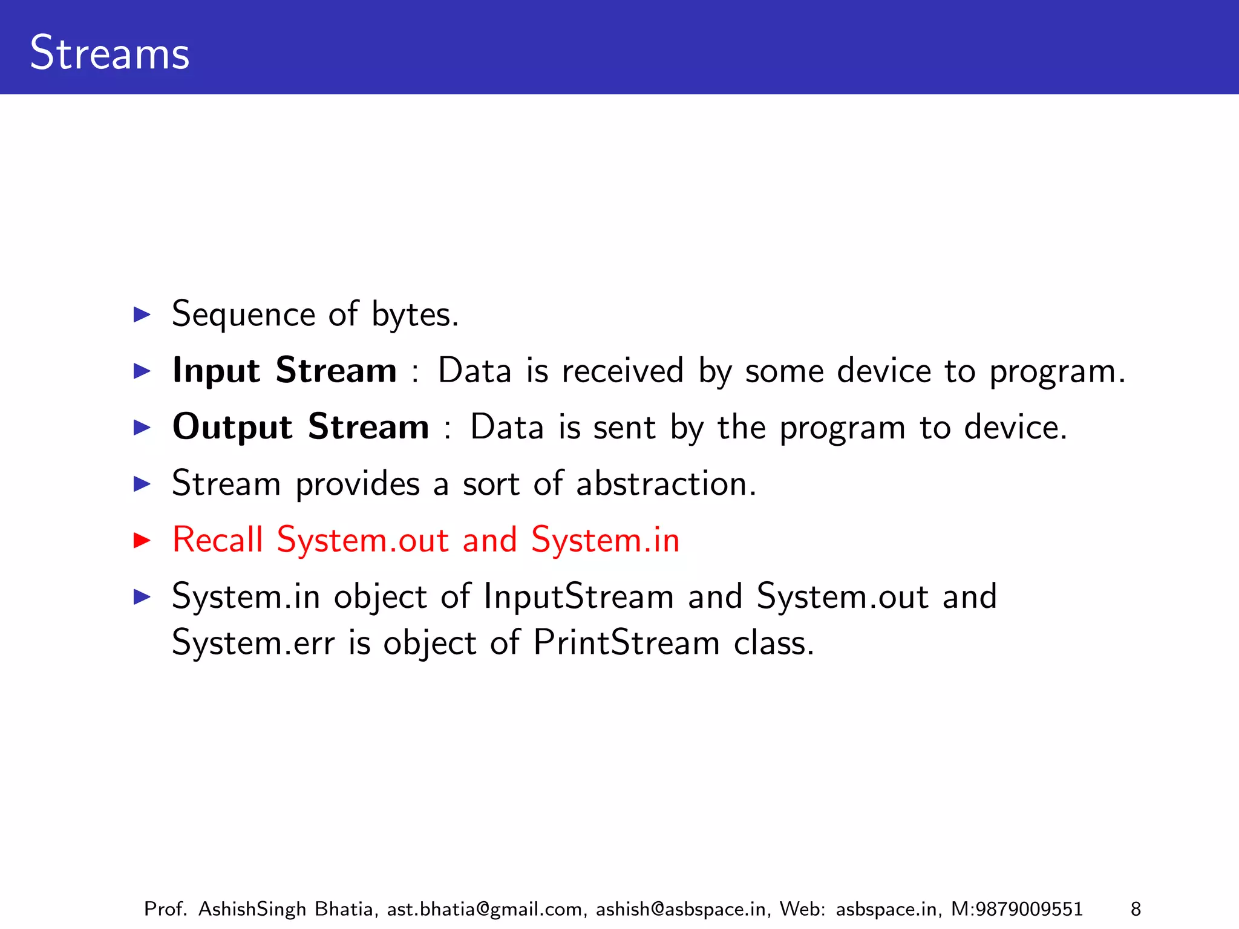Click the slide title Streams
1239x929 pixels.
[x=110, y=53]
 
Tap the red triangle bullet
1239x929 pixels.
[x=142, y=539]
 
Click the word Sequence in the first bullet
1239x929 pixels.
[x=243, y=315]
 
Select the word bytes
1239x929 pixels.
[x=414, y=315]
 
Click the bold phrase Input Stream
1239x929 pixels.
[x=284, y=370]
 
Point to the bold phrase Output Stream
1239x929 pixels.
[x=301, y=427]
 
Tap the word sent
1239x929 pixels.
[x=624, y=427]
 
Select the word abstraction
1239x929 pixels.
[x=665, y=484]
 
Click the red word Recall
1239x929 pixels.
[x=218, y=539]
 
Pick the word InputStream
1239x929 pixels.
[x=578, y=596]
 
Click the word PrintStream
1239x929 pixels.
[x=626, y=642]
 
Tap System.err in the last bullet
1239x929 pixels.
[x=253, y=642]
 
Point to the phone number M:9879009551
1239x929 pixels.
[x=1016, y=908]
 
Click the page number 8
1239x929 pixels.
[x=1136, y=908]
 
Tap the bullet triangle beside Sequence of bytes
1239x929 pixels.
[x=142, y=315]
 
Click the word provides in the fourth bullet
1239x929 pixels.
[x=358, y=484]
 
